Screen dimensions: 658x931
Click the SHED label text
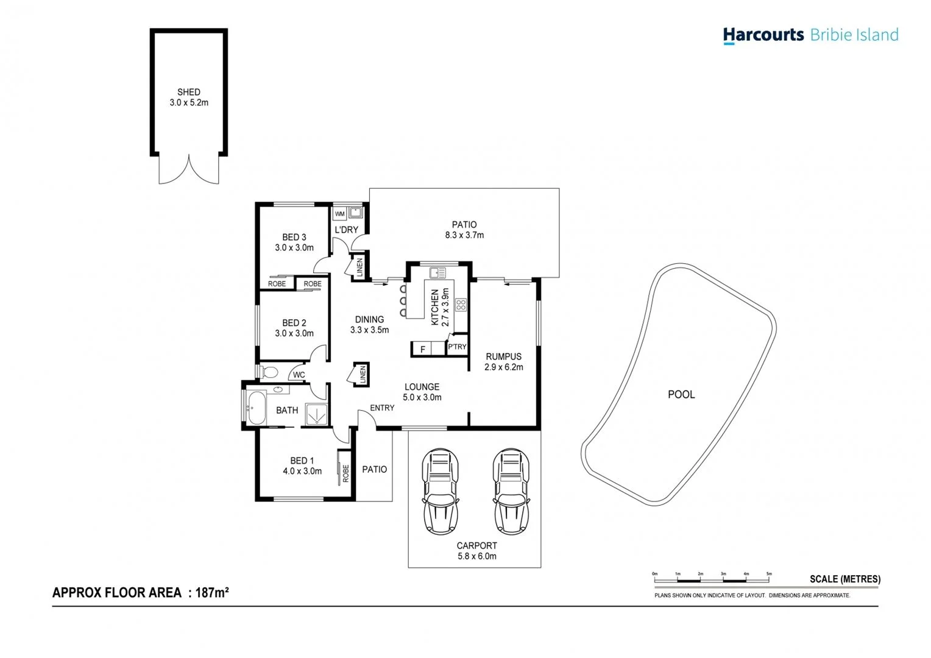tap(189, 92)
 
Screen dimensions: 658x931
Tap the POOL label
tap(681, 394)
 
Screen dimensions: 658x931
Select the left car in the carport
tap(441, 491)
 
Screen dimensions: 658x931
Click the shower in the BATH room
tap(316, 414)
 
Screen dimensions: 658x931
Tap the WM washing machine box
tap(340, 214)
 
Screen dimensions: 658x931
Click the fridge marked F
tap(423, 349)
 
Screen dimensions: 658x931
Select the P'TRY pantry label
tap(457, 347)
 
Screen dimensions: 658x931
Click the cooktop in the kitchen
tap(461, 305)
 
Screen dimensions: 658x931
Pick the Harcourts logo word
tap(763, 35)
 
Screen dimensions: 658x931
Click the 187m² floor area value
tap(212, 592)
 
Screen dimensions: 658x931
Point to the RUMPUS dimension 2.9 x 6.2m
tap(504, 367)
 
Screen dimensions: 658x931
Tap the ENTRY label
tap(382, 408)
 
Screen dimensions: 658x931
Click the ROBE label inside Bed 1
tap(345, 473)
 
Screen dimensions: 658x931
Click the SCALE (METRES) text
tap(844, 579)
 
